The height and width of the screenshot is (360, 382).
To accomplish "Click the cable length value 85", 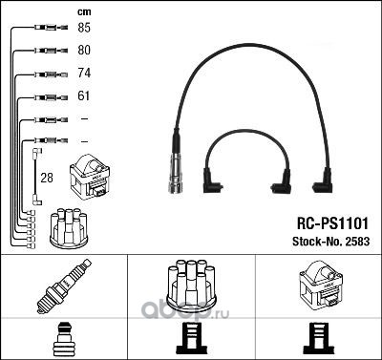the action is (84, 28).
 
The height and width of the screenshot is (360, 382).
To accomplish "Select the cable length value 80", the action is (84, 50).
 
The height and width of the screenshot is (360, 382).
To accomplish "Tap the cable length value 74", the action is (84, 73).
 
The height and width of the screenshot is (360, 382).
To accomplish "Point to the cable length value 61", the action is (84, 95).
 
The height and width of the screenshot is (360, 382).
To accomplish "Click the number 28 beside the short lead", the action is (47, 178).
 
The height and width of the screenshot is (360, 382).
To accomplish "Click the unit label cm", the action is (84, 12).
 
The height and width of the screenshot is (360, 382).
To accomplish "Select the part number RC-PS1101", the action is (332, 223).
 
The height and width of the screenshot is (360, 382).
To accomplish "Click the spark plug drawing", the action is (64, 286).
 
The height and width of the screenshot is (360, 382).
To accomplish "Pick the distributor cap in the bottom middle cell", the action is (192, 286).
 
